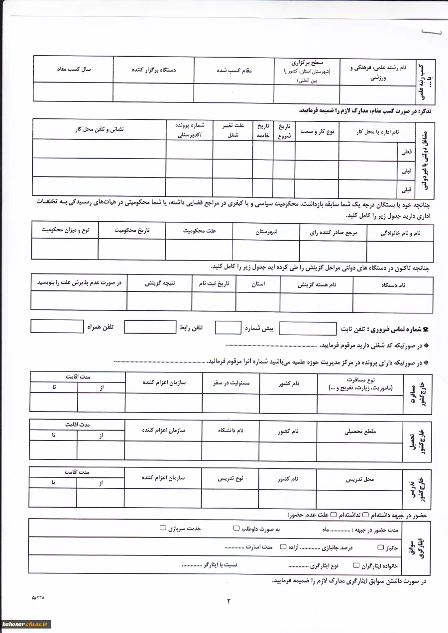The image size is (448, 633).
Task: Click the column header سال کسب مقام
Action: [73, 70]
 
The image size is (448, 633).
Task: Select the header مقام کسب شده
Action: [234, 71]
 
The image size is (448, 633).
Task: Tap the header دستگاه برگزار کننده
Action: [154, 71]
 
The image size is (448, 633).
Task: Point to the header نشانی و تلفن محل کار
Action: [100, 129]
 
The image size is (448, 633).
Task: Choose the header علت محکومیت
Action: [199, 231]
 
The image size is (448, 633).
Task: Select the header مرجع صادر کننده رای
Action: [334, 232]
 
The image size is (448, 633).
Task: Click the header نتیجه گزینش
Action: [160, 283]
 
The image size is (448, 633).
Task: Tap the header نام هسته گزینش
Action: [317, 285]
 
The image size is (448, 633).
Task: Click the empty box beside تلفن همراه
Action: [57, 326]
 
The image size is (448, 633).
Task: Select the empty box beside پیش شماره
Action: [228, 328]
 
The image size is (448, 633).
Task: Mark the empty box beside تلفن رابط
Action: [150, 327]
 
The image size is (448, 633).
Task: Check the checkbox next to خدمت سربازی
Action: [163, 528]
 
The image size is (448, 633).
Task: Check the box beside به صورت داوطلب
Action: [236, 528]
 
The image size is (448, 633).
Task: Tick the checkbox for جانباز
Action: [381, 547]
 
